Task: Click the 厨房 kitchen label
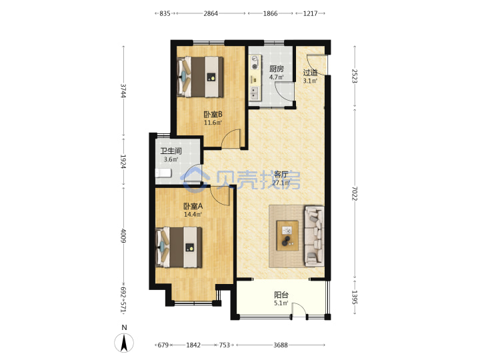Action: click(277, 69)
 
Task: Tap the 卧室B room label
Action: click(213, 115)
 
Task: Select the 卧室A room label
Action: click(193, 206)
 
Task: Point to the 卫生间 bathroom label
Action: click(171, 151)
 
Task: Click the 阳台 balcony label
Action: click(281, 295)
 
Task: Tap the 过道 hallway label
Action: click(310, 73)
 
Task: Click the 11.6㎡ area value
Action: click(213, 123)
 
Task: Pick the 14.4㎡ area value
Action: click(193, 214)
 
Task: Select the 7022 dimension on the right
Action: click(355, 193)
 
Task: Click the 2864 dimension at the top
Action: click(211, 13)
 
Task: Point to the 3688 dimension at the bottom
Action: click(281, 345)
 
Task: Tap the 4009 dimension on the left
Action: click(123, 236)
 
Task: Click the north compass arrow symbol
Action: click(124, 343)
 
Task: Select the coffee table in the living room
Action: click(287, 236)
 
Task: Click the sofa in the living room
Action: click(314, 236)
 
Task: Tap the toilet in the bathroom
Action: click(163, 173)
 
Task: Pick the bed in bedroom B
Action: click(200, 77)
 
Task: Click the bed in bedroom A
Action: click(179, 247)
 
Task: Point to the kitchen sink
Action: click(254, 93)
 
